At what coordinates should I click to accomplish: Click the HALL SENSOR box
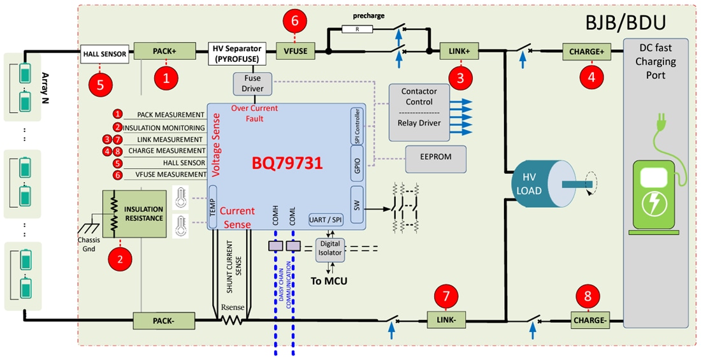click(x=105, y=54)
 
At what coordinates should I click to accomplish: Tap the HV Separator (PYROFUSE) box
click(x=238, y=54)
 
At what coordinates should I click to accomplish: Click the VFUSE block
click(x=295, y=51)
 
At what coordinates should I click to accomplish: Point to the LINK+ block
click(x=459, y=51)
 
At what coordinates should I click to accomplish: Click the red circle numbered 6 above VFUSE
click(x=294, y=20)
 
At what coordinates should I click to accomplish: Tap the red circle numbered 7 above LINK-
click(x=445, y=296)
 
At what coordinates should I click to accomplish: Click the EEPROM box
click(x=436, y=155)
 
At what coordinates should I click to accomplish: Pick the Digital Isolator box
click(x=331, y=248)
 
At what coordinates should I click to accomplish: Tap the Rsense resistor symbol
click(x=232, y=319)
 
